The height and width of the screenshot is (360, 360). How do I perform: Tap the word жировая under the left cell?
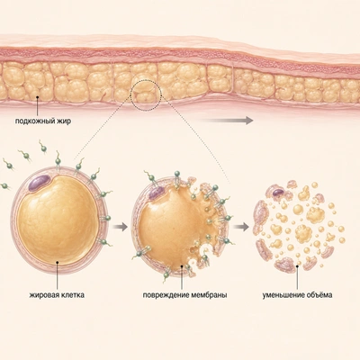click(x=42, y=295)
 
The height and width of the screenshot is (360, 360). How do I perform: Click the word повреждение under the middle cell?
click(x=166, y=295)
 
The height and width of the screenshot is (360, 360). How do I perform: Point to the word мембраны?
click(x=209, y=295)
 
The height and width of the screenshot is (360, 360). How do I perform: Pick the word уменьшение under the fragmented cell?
click(x=283, y=295)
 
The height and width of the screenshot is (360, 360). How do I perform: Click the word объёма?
click(x=319, y=295)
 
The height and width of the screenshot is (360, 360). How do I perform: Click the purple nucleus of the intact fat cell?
click(x=40, y=183)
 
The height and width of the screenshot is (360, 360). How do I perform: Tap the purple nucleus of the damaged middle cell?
click(x=157, y=193)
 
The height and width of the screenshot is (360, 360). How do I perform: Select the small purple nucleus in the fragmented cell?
click(x=278, y=192)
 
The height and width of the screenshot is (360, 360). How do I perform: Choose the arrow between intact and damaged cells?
click(x=120, y=227)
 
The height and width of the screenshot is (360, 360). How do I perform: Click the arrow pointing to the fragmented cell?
click(x=241, y=227)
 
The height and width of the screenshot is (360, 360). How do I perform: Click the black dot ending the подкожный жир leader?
click(x=38, y=96)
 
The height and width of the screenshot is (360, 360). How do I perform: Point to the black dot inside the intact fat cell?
click(x=57, y=263)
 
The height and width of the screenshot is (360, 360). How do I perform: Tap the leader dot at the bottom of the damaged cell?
click(x=182, y=265)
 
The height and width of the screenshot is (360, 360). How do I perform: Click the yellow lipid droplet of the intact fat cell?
click(x=58, y=220)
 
